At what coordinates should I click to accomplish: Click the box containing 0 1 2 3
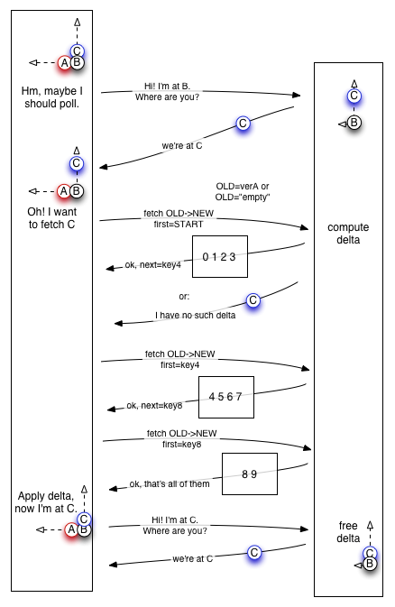pos(220,257)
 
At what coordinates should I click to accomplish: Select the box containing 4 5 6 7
pos(226,397)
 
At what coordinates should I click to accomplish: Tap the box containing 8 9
pos(250,474)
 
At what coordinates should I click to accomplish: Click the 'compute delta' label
pos(348,234)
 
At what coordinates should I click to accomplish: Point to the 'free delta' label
pos(348,532)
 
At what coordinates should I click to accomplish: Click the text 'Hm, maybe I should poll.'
pos(52,97)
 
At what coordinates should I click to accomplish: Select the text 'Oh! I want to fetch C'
pos(52,218)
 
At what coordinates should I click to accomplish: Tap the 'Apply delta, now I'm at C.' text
pos(46,502)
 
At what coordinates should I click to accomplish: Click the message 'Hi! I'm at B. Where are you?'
pos(168,92)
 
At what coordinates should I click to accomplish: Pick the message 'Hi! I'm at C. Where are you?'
pos(175,525)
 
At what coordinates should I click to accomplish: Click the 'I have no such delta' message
pos(195,316)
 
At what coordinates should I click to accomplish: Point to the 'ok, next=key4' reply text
pos(153,265)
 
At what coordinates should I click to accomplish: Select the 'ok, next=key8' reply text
pos(154,405)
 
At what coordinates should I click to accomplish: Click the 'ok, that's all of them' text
pos(170,484)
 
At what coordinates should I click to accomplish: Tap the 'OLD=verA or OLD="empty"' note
pos(243,191)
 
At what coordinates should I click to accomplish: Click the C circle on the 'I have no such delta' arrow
pos(253,300)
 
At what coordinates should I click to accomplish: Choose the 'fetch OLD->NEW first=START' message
pos(179,219)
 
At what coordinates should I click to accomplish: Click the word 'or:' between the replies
pos(184,297)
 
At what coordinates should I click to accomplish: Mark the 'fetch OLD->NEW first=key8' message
pos(181,438)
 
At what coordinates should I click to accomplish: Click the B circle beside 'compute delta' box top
pos(354,123)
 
